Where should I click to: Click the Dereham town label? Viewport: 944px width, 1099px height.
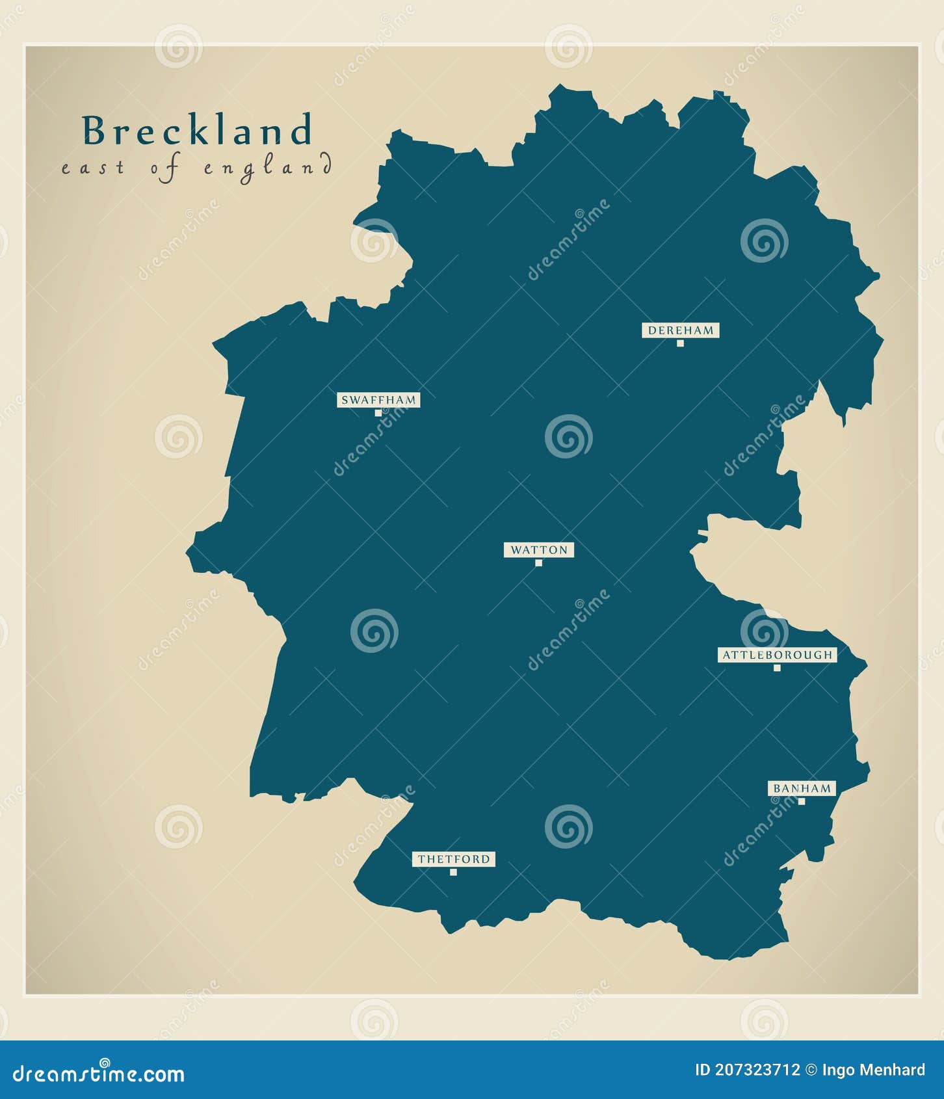[680, 330]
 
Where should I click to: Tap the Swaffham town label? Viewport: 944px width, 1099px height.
[378, 400]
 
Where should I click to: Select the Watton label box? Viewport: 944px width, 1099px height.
[538, 550]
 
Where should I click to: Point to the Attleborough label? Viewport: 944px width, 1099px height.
[777, 655]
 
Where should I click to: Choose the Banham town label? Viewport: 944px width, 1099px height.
[802, 788]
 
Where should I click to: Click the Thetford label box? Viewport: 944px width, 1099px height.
[453, 859]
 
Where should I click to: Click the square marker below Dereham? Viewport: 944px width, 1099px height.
[680, 343]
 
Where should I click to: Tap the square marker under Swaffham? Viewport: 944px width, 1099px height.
[378, 413]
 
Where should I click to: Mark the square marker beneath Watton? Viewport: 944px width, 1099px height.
[538, 563]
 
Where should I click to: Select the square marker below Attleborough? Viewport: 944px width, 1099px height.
[777, 668]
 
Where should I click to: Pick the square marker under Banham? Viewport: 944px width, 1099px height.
[802, 801]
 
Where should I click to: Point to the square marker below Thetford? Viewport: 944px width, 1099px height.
[453, 872]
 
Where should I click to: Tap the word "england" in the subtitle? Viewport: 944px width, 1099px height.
[268, 168]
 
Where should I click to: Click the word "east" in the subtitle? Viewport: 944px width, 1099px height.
[92, 168]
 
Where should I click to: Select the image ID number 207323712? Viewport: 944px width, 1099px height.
[757, 1070]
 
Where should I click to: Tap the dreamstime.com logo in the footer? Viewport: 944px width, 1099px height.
[99, 1074]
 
